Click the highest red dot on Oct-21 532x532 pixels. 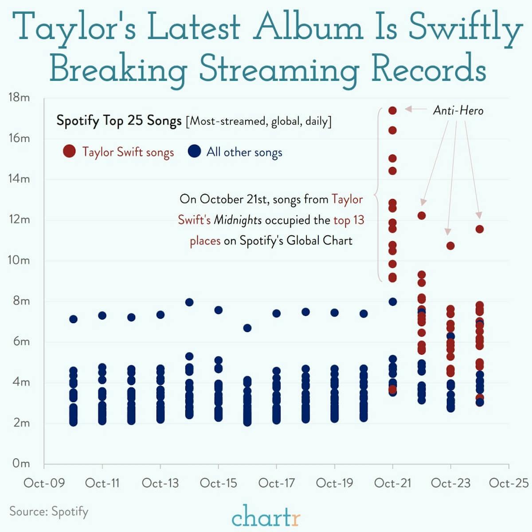[392, 110]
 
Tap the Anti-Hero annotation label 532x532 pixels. [458, 110]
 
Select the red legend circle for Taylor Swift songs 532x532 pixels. [69, 152]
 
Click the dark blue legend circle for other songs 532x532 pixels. [194, 152]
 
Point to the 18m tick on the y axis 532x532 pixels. [19, 98]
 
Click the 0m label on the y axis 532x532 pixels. [21, 464]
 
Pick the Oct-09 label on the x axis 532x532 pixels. [44, 483]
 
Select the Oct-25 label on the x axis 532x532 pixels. [509, 483]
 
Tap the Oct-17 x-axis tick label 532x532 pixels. [276, 483]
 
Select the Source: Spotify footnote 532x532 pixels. [49, 512]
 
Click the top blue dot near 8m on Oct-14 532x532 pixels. [189, 302]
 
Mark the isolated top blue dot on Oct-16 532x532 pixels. [247, 328]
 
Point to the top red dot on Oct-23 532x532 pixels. [450, 246]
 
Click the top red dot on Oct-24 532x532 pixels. [479, 229]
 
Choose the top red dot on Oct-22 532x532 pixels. [422, 216]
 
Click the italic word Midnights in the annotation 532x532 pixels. [238, 220]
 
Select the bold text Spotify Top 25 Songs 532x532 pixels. [119, 121]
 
